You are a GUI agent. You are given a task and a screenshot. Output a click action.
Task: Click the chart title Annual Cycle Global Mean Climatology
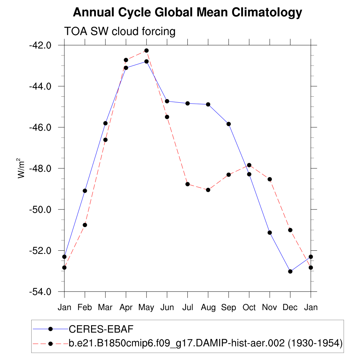click(187, 13)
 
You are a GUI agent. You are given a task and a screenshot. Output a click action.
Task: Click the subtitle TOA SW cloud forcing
click(120, 31)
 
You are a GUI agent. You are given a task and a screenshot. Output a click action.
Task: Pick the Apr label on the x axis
click(126, 308)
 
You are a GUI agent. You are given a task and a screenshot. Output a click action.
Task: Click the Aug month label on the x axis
click(208, 308)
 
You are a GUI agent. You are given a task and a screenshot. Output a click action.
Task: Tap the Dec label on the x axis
click(290, 308)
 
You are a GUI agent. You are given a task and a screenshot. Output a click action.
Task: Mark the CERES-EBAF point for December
click(290, 271)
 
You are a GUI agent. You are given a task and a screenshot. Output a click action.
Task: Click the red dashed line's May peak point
click(147, 51)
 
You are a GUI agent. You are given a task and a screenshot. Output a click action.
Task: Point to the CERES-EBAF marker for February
click(85, 191)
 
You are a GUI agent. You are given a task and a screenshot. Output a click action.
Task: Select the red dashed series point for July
click(188, 184)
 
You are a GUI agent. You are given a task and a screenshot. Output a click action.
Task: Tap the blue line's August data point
click(208, 104)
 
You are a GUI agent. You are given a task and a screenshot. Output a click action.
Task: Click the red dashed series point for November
click(270, 179)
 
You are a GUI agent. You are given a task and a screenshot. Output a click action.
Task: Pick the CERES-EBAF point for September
click(229, 124)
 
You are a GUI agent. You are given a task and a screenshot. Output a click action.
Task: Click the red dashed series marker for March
click(105, 140)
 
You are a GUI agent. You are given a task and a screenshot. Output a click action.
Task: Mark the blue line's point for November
click(270, 232)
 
